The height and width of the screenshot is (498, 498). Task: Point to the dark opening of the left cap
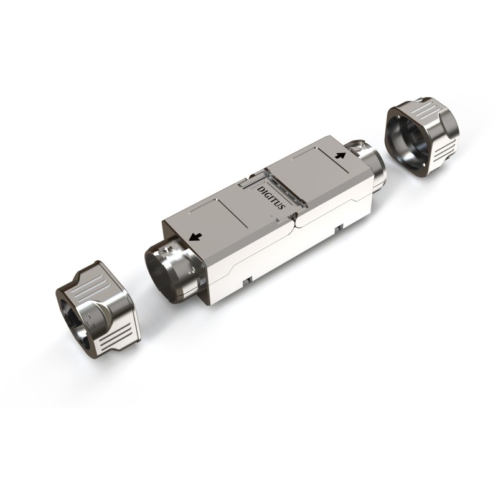72,314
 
